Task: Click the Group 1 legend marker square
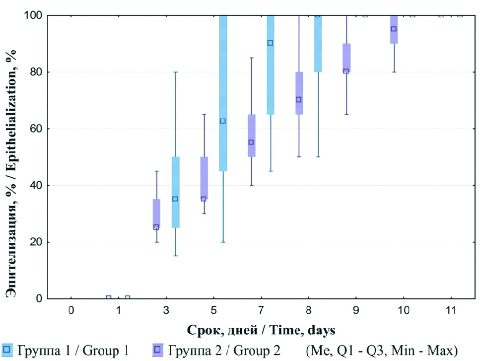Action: (6, 349)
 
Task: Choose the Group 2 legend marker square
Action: (158, 349)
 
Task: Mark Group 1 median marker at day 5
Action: (223, 121)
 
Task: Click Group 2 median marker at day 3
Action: (156, 227)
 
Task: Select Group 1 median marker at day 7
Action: (270, 43)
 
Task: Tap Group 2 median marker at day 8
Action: (299, 99)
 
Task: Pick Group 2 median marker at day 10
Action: (394, 29)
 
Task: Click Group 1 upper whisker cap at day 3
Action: (175, 72)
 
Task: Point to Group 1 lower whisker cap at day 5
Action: (223, 242)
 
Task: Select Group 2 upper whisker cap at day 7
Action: (251, 58)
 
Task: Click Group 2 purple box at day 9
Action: (346, 58)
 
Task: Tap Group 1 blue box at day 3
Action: (175, 192)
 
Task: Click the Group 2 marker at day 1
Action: (109, 298)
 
